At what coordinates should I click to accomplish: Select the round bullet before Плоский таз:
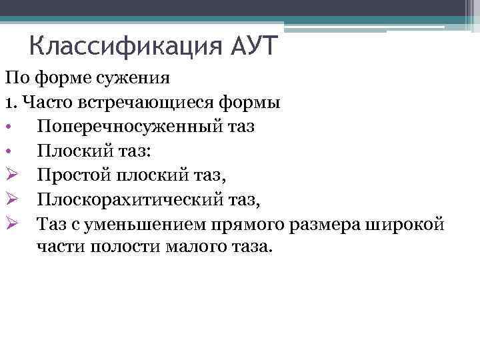click(x=10, y=151)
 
